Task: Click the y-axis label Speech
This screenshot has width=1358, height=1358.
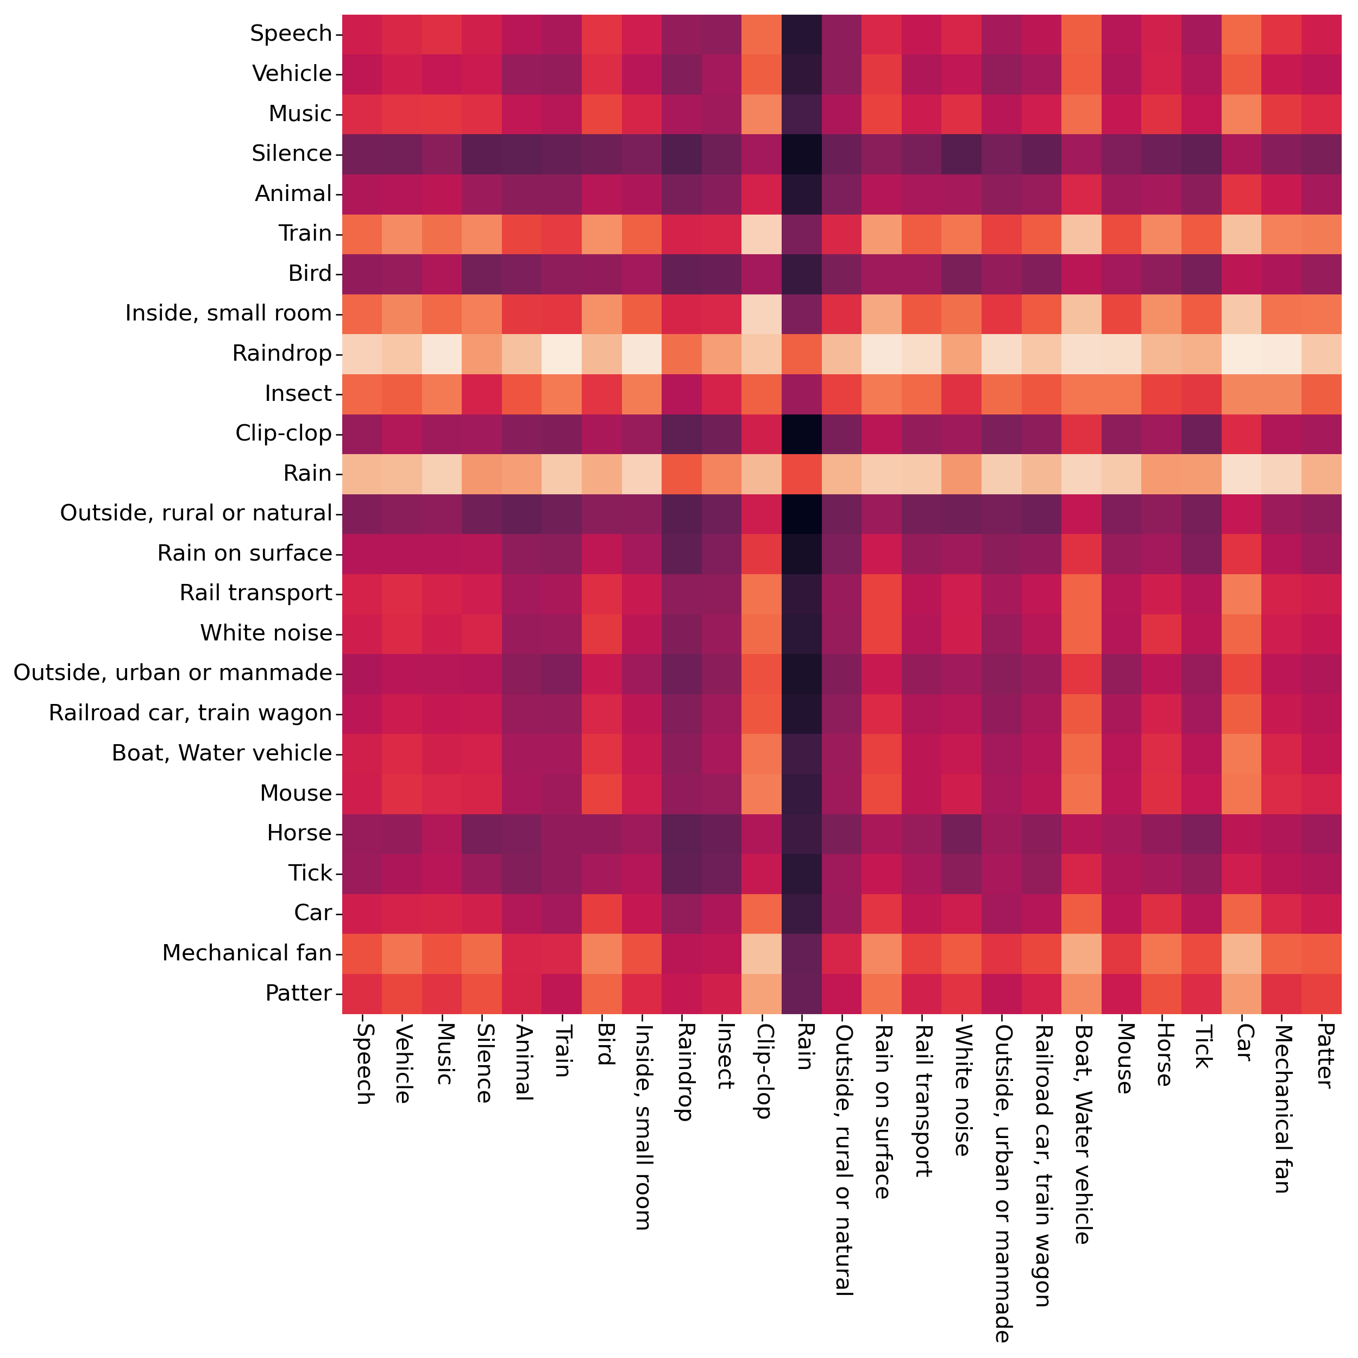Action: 291,34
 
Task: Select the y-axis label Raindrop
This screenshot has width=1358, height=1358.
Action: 282,354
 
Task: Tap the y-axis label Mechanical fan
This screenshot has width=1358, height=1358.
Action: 247,954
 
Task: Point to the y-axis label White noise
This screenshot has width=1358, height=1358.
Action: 266,633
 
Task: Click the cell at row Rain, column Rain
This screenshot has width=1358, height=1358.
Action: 803,474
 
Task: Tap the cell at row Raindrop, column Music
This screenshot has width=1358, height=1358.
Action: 442,354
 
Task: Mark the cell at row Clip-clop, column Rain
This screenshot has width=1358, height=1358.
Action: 803,433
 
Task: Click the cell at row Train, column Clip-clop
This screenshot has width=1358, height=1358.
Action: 763,234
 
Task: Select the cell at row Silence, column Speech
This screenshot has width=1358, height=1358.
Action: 362,153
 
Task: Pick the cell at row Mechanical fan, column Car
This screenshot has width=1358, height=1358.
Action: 1243,954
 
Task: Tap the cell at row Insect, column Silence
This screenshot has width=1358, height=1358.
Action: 482,394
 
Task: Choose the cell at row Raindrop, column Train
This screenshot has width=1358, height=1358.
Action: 562,354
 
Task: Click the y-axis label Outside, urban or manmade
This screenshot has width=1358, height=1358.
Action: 173,674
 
